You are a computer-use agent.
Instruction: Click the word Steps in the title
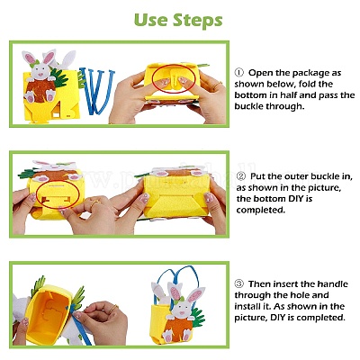pyautogui.click(x=198, y=21)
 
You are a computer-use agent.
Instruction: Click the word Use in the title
pyautogui.click(x=150, y=20)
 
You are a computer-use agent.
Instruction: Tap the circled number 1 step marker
pyautogui.click(x=238, y=73)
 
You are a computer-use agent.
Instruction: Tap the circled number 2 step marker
pyautogui.click(x=240, y=176)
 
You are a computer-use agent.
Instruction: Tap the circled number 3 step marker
pyautogui.click(x=238, y=283)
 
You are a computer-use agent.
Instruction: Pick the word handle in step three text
pyautogui.click(x=332, y=283)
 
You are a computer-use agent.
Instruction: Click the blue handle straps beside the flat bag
pyautogui.click(x=96, y=91)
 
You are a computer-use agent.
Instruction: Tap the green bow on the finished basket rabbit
pyautogui.click(x=181, y=300)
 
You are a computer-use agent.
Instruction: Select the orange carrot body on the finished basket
pyautogui.click(x=179, y=329)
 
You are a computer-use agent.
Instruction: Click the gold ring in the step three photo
pyautogui.click(x=113, y=309)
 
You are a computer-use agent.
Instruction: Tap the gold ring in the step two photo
pyautogui.click(x=94, y=204)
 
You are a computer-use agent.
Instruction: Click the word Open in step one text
pyautogui.click(x=260, y=73)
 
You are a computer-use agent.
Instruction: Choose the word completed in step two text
pyautogui.click(x=260, y=210)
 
